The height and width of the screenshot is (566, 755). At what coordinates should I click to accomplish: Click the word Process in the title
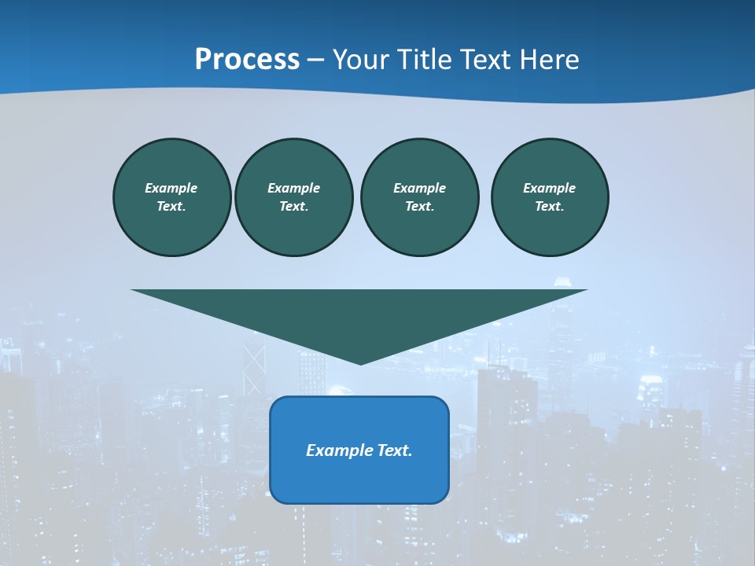click(247, 60)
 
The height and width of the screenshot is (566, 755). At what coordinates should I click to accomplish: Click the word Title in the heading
click(424, 60)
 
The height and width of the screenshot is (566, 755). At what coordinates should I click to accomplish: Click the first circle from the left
click(171, 197)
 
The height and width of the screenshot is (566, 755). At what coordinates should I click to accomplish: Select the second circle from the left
click(293, 197)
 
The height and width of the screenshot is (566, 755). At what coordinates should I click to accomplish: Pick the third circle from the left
click(419, 197)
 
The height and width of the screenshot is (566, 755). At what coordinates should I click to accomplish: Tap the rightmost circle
click(550, 197)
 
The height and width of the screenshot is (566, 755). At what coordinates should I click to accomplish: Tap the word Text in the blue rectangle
click(394, 450)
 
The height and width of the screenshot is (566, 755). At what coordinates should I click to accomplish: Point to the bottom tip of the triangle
click(360, 363)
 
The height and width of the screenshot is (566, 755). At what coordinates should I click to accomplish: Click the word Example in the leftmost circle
click(171, 188)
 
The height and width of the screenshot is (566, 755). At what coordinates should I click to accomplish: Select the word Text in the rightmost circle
click(549, 206)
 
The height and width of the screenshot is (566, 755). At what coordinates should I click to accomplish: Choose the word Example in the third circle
click(419, 188)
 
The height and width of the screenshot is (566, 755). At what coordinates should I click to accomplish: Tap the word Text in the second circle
click(293, 206)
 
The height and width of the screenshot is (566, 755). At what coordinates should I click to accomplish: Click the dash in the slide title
click(316, 61)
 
